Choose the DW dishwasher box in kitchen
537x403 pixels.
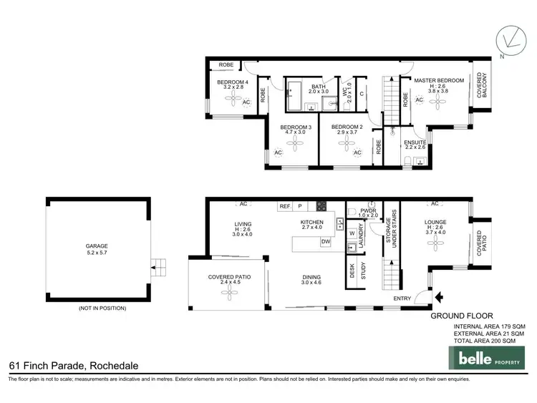(325, 242)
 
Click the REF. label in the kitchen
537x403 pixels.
(285, 206)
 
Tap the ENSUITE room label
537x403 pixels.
(415, 142)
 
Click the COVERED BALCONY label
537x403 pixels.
(483, 85)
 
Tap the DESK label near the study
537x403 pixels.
(352, 271)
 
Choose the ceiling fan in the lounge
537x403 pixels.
(435, 245)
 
